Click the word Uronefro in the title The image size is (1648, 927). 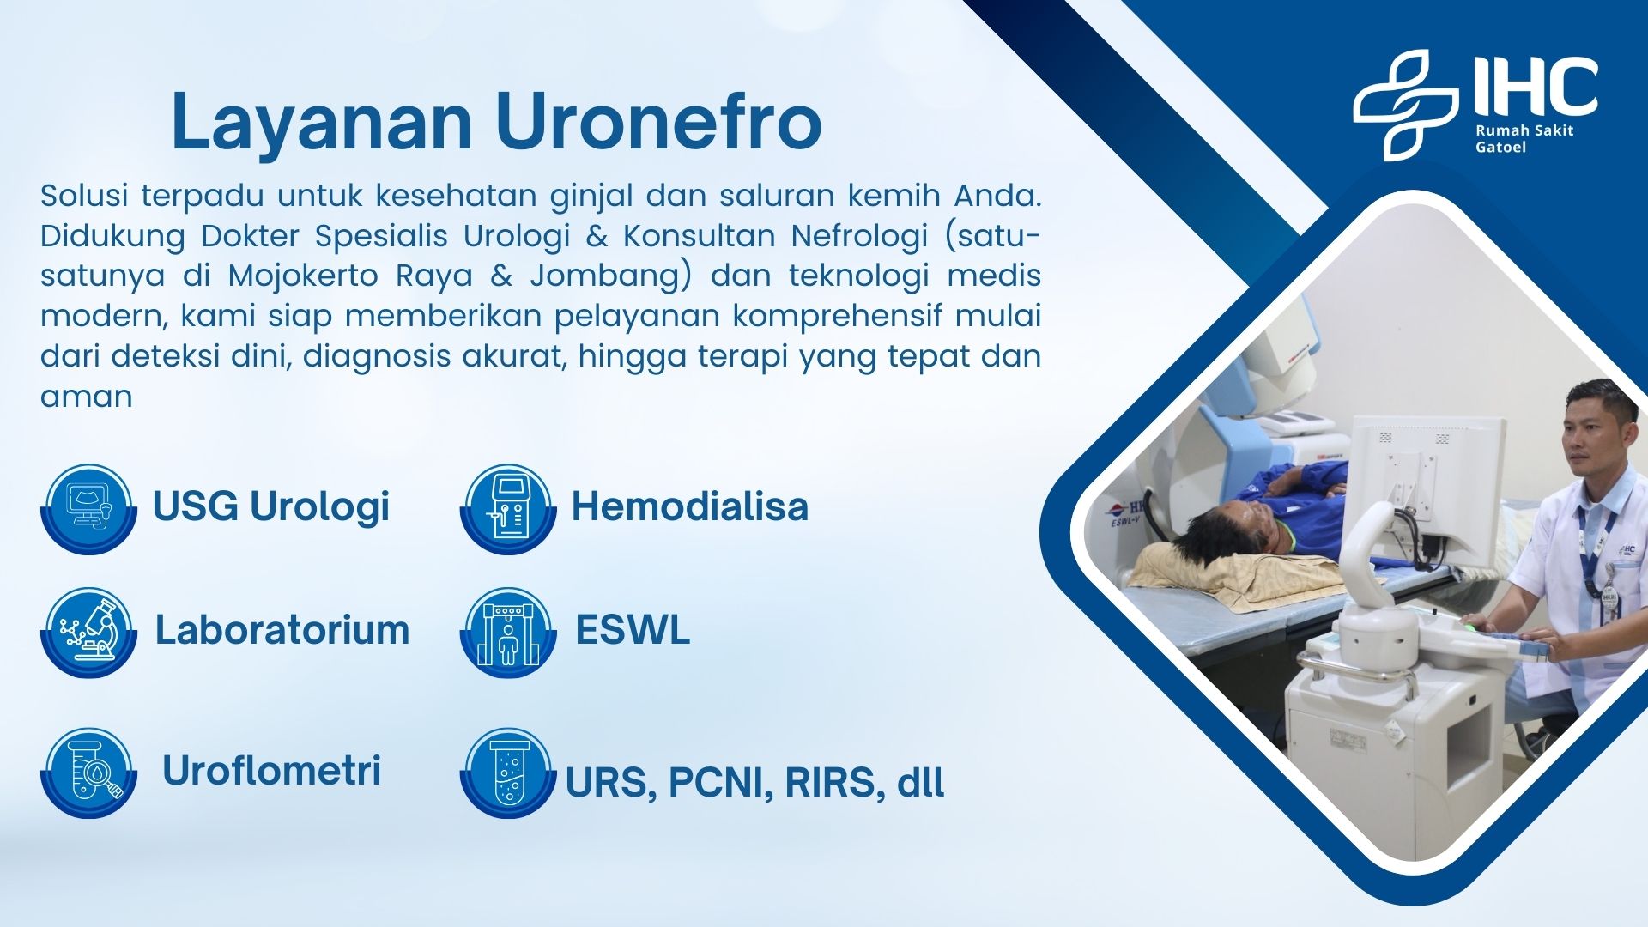(658, 121)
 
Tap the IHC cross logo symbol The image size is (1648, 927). (1405, 105)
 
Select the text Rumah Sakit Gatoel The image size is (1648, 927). (1524, 138)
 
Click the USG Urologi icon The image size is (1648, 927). (88, 508)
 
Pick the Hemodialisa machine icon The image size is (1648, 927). (508, 508)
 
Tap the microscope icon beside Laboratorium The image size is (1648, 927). (88, 632)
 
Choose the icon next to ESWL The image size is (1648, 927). (508, 632)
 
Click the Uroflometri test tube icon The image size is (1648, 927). (88, 772)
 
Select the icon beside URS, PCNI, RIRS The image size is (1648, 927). (508, 772)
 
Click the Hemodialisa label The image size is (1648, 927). (690, 506)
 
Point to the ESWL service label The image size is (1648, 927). (633, 629)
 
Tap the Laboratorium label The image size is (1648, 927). (282, 629)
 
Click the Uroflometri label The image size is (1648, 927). (271, 770)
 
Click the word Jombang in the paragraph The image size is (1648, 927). (621, 276)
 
